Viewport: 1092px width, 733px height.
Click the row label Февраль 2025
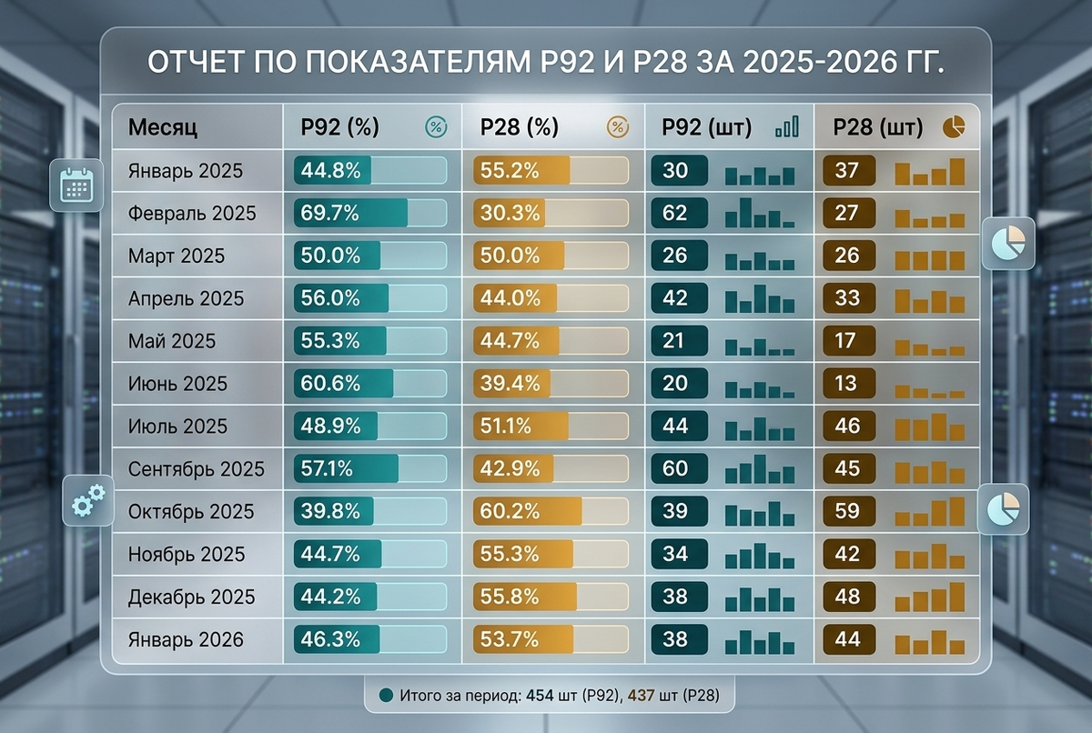[192, 214]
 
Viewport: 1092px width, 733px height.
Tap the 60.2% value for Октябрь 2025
[510, 511]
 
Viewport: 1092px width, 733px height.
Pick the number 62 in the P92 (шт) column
[675, 214]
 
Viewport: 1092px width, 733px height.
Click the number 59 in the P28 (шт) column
[847, 511]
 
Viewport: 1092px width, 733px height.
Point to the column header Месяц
[163, 127]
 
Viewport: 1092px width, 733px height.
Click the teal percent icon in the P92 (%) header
[436, 127]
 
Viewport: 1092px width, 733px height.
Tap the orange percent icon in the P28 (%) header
[618, 127]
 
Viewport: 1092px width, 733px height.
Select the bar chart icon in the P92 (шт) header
[787, 127]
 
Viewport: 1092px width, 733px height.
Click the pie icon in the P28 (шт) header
[954, 127]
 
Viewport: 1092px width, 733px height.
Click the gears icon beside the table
[87, 499]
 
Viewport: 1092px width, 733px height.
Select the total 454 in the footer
[541, 696]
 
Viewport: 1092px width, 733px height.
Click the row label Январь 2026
[186, 639]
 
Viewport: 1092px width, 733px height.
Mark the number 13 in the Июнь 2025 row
[847, 384]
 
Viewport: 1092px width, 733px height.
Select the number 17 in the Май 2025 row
[847, 341]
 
